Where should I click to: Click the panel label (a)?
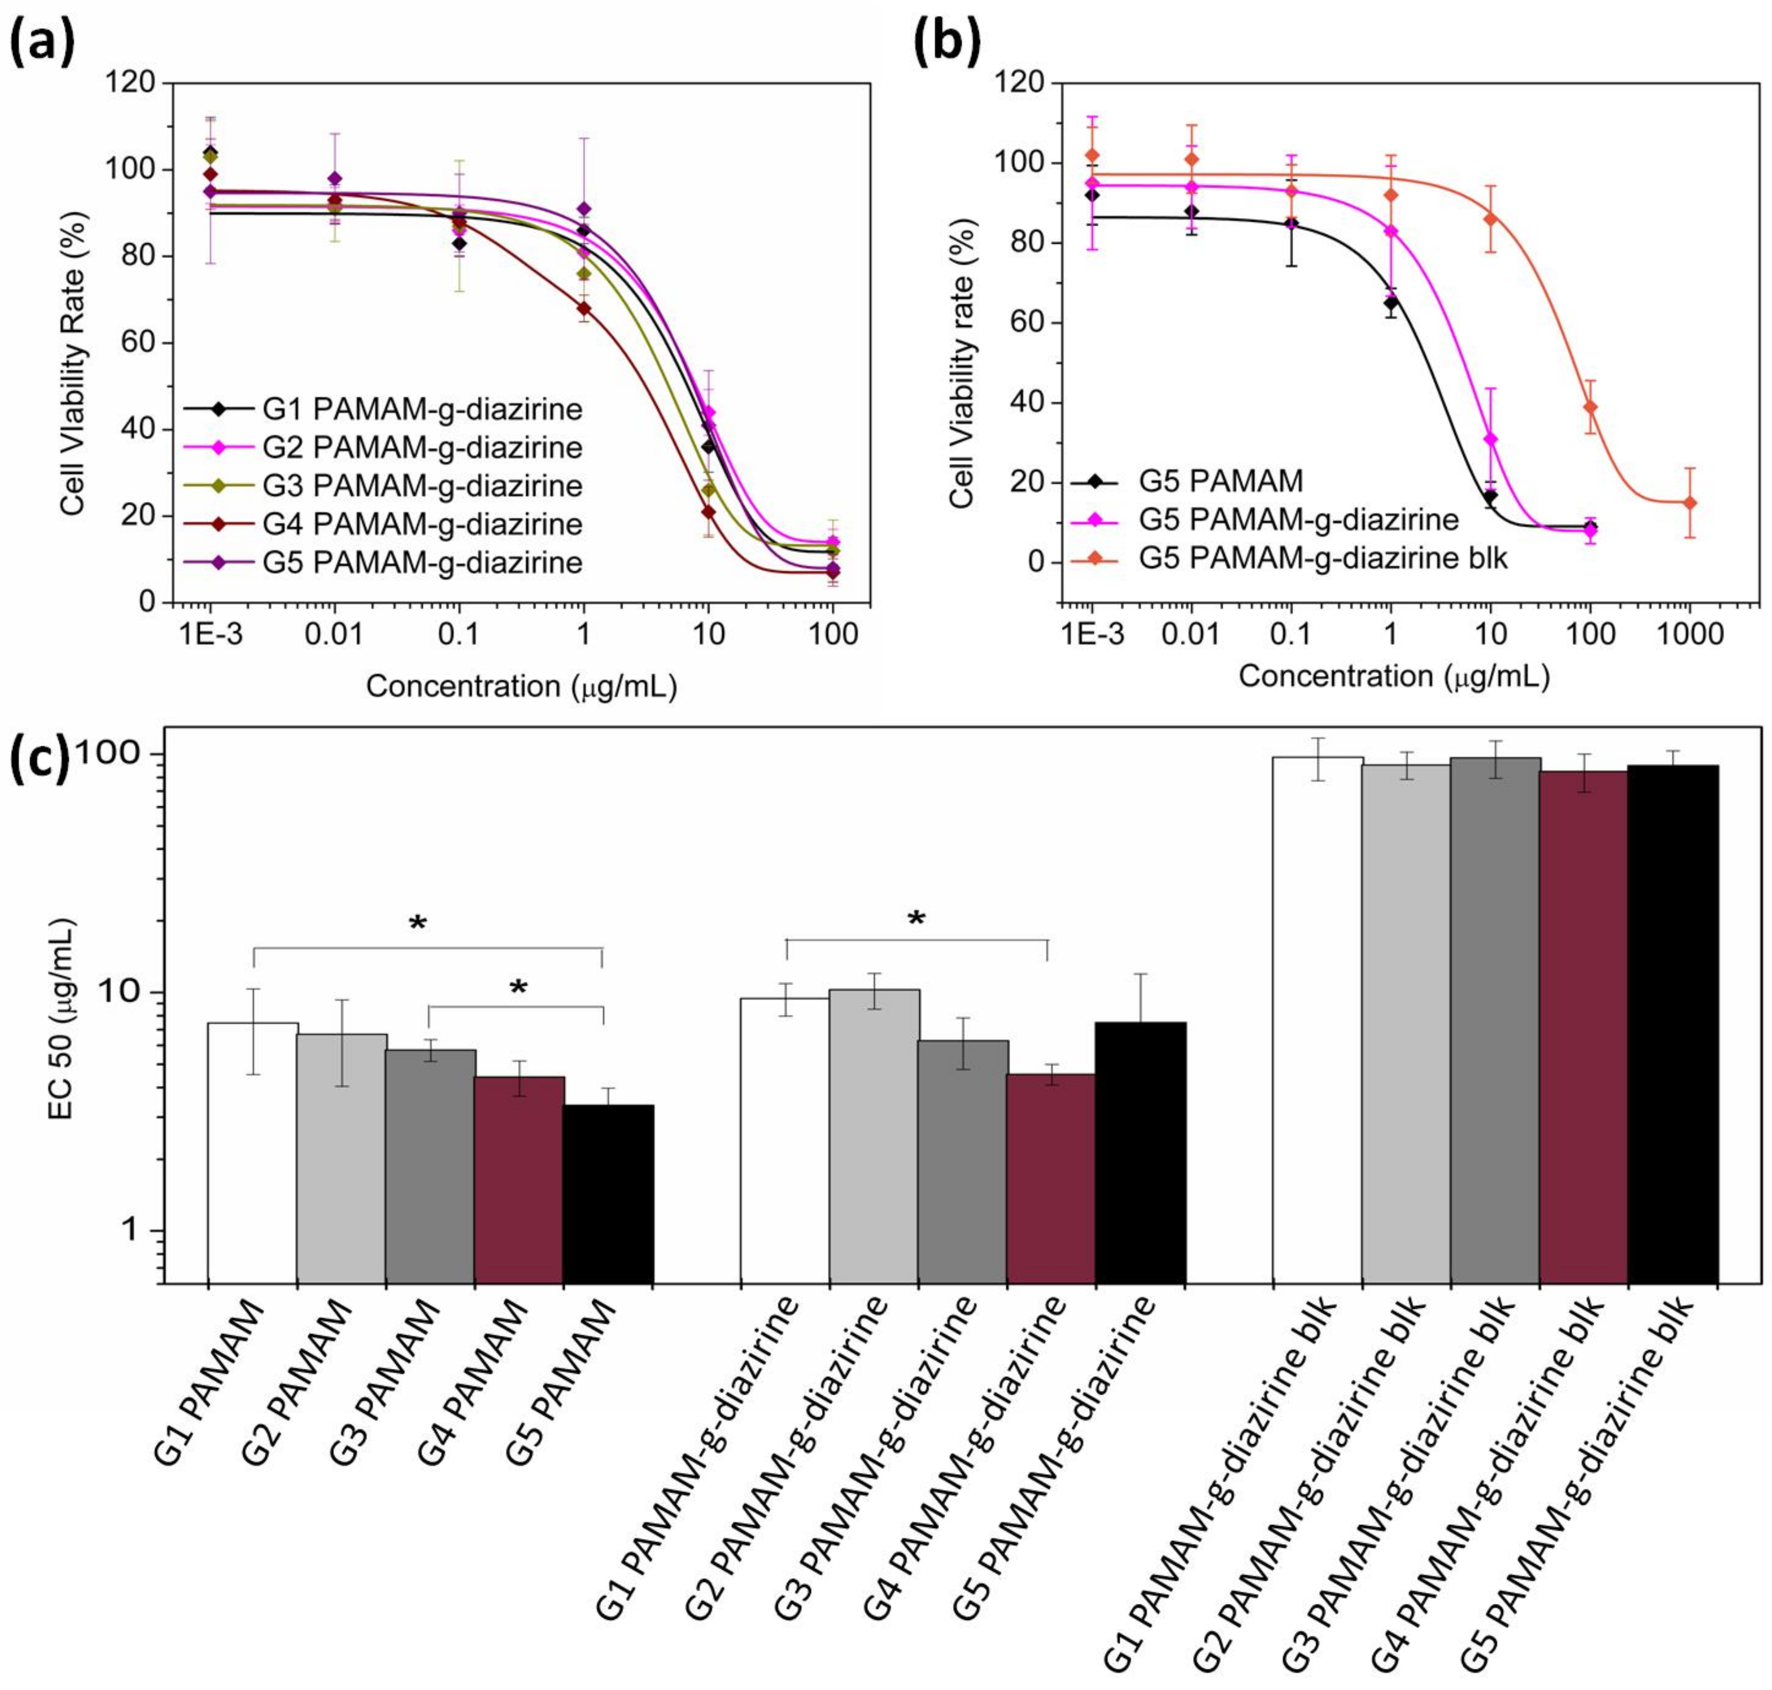[x=42, y=44]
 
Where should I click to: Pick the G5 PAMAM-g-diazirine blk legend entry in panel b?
[x=1288, y=558]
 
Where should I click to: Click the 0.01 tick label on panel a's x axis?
[x=334, y=633]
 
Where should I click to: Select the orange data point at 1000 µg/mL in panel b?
[x=1690, y=502]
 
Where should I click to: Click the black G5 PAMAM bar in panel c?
[x=609, y=1193]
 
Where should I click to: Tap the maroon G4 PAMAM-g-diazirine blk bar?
[x=1584, y=1027]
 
